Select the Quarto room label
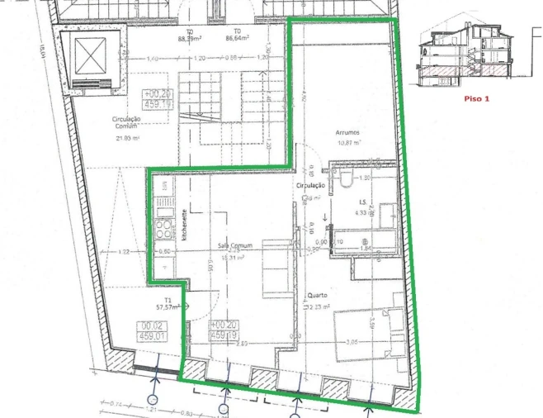coord(318,295)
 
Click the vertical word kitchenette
coord(187,223)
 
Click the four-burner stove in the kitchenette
coord(164,226)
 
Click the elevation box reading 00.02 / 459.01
coord(151,330)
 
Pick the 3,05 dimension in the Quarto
coord(351,340)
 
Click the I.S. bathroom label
coord(360,202)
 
